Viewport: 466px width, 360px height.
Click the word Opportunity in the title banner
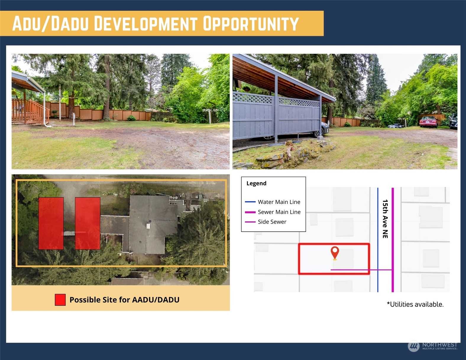tap(251, 23)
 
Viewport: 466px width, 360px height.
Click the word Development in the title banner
tap(145, 23)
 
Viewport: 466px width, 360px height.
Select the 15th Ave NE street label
tap(385, 219)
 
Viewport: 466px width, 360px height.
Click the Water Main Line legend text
tap(279, 202)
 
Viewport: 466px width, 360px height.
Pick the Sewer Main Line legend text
tap(279, 212)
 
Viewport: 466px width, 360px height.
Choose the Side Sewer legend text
tap(272, 222)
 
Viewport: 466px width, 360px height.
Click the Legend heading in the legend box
tap(256, 183)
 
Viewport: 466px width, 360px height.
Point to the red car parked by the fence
tap(428, 122)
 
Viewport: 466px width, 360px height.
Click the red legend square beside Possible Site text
tap(60, 300)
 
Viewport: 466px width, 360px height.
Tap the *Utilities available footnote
tap(415, 304)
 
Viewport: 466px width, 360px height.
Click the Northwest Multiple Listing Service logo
tap(433, 346)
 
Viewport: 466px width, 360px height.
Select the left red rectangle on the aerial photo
tap(51, 223)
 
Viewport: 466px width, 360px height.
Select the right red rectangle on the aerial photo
tap(88, 223)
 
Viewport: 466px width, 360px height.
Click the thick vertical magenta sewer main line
tap(393, 240)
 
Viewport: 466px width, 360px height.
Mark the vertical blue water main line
tap(378, 240)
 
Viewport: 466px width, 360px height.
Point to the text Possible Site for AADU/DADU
tap(124, 300)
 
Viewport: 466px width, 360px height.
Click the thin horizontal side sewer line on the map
tap(361, 270)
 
